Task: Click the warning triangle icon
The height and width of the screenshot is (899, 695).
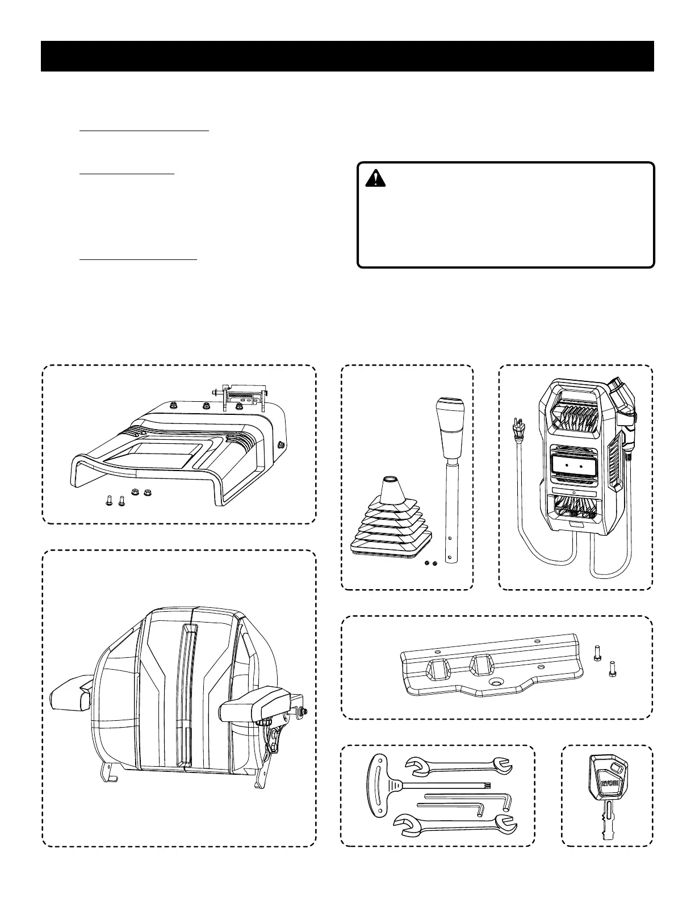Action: click(375, 179)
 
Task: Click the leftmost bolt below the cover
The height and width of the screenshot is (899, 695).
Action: click(108, 501)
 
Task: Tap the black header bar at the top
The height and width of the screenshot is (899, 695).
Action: click(347, 56)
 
